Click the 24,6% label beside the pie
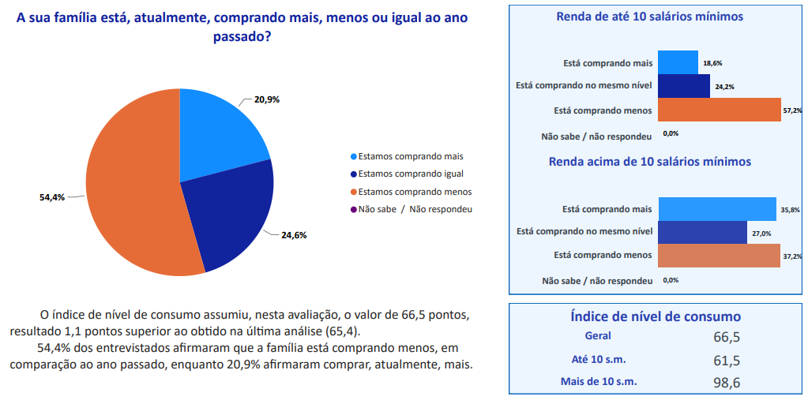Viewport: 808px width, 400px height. click(x=294, y=234)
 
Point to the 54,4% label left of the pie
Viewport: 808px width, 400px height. click(x=52, y=197)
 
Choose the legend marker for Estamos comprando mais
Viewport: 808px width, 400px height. click(x=354, y=156)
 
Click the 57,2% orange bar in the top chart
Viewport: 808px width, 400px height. click(x=718, y=110)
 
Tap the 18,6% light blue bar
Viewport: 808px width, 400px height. click(x=677, y=62)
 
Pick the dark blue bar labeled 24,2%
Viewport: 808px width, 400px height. click(x=683, y=86)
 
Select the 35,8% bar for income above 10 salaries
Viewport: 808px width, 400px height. click(x=716, y=209)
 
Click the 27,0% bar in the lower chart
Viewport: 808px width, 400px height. click(x=701, y=233)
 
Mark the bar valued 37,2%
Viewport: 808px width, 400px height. click(x=718, y=256)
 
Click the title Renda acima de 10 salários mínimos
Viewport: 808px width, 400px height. click(x=649, y=162)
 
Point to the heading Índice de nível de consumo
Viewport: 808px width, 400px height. click(x=656, y=316)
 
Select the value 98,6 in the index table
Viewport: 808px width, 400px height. click(x=726, y=383)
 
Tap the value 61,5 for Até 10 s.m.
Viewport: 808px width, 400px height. click(x=726, y=360)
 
